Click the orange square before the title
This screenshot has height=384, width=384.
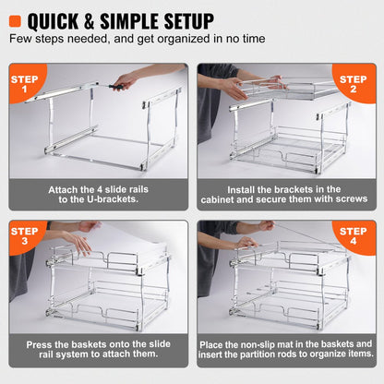click(x=15, y=19)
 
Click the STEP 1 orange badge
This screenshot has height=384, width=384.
click(x=23, y=85)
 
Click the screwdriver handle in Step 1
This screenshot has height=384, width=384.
click(x=116, y=87)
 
